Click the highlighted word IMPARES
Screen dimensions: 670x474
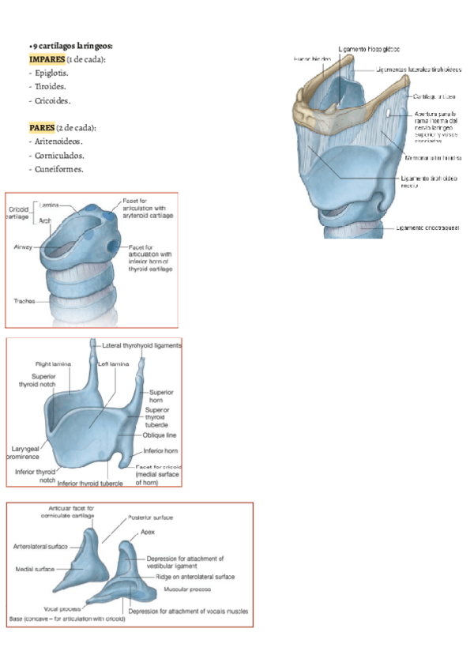click(x=46, y=60)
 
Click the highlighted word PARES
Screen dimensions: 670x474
click(x=41, y=128)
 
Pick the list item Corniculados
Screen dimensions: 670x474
click(x=60, y=155)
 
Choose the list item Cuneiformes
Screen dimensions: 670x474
click(x=59, y=168)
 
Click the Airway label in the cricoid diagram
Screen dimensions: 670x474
click(x=23, y=247)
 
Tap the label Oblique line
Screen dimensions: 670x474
click(x=160, y=435)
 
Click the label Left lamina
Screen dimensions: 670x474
click(x=114, y=364)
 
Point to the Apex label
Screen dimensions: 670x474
click(x=149, y=533)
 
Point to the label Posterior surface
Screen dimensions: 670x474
click(x=150, y=518)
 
